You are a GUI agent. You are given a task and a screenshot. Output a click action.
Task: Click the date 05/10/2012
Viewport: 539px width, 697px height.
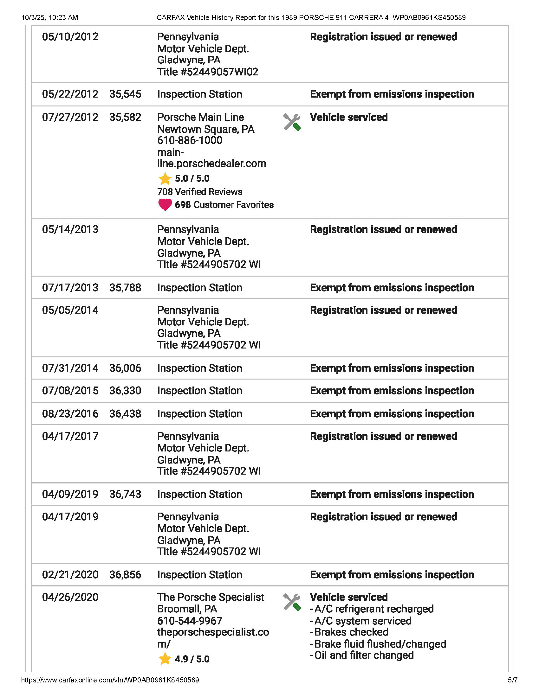point(70,37)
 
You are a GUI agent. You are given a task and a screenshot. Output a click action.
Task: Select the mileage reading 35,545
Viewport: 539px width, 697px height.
point(125,94)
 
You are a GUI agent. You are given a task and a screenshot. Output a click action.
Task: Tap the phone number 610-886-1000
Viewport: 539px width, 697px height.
point(190,140)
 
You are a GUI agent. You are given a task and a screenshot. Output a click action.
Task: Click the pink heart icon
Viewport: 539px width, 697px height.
point(165,205)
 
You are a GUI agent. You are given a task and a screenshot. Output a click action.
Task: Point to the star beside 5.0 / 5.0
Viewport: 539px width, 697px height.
point(165,179)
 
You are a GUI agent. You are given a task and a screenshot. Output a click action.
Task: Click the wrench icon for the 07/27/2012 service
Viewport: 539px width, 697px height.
point(291,122)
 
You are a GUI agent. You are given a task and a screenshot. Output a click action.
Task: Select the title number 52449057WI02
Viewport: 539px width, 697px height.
point(208,72)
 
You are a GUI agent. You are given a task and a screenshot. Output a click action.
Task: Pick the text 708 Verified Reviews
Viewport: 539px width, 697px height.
point(199,192)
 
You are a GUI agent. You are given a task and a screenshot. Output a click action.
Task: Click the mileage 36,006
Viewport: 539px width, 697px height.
point(125,368)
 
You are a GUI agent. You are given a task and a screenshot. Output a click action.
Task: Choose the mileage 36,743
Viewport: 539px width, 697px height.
point(125,494)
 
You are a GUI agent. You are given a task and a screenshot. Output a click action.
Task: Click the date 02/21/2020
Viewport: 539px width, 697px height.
point(70,574)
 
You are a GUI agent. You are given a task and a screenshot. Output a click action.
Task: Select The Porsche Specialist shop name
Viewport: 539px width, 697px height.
point(211,597)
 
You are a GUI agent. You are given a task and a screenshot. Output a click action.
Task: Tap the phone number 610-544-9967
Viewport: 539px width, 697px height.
point(190,621)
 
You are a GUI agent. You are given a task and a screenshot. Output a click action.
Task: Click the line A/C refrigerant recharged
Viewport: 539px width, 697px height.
point(372,609)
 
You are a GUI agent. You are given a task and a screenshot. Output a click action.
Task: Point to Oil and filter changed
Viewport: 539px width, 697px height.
point(362,655)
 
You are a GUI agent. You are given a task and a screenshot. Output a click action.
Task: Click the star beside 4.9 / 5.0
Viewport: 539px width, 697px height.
point(165,659)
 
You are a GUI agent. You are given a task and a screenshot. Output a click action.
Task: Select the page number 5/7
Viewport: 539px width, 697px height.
point(512,680)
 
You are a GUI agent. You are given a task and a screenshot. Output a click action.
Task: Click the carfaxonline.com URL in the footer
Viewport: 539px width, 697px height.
point(110,680)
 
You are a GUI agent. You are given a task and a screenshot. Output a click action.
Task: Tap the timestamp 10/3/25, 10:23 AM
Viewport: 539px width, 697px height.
point(49,17)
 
